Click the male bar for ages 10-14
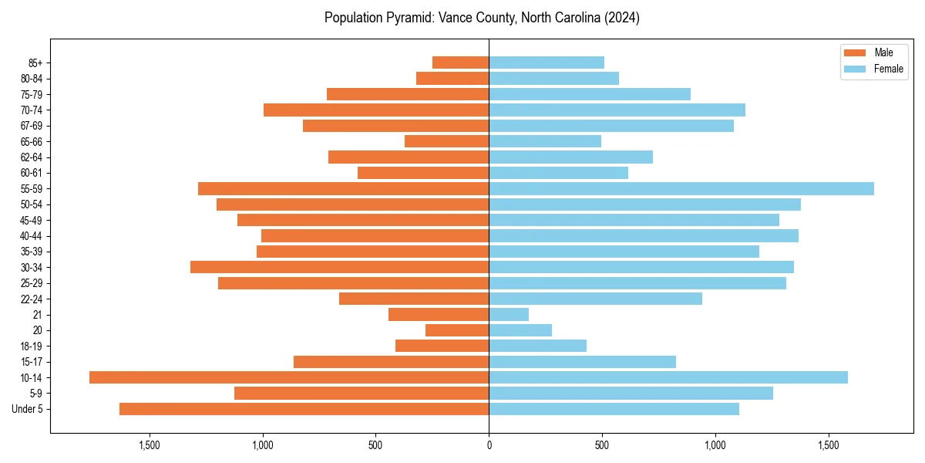(289, 377)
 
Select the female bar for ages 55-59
(681, 188)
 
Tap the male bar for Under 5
(304, 409)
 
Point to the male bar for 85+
(460, 63)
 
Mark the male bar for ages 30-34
(339, 267)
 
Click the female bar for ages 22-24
(595, 299)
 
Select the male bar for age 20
(457, 330)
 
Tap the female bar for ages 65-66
(545, 141)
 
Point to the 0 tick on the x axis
(489, 446)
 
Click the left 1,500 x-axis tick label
(149, 446)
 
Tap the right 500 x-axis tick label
(602, 446)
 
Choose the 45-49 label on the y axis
(31, 220)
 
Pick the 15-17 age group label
(31, 362)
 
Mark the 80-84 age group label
(31, 78)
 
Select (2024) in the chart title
(621, 18)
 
